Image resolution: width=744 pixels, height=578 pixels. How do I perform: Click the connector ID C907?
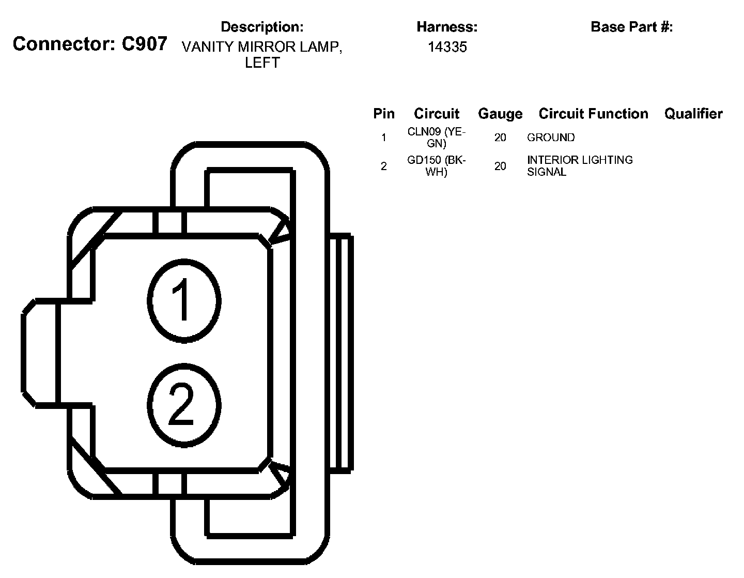[144, 44]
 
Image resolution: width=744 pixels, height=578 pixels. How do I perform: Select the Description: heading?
[262, 27]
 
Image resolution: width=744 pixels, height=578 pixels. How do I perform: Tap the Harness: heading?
[447, 27]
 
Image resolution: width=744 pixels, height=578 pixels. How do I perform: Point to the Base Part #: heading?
[631, 27]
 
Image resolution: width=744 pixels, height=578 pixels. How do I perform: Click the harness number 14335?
[447, 47]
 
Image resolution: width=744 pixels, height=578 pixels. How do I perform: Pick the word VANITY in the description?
[208, 47]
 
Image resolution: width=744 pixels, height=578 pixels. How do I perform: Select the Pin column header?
[384, 114]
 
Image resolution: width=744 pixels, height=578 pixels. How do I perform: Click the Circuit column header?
[437, 114]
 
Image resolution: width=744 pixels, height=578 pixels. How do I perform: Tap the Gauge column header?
[500, 114]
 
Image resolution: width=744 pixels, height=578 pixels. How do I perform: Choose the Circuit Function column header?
[593, 114]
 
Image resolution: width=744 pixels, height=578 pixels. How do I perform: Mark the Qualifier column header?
[693, 114]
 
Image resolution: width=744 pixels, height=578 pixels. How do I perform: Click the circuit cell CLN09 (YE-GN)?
[437, 138]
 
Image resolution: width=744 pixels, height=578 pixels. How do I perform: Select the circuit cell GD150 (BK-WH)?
[437, 166]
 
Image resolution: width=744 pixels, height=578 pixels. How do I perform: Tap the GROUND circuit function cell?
[551, 138]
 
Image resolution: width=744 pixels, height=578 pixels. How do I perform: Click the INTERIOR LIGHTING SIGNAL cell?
[580, 166]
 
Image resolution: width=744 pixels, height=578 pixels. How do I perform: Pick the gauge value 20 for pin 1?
[500, 138]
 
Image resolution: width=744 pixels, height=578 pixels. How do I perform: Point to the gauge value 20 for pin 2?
[500, 166]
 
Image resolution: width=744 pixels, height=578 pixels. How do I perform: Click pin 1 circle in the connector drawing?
[184, 300]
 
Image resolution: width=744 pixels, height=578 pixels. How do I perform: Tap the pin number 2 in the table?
[384, 166]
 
